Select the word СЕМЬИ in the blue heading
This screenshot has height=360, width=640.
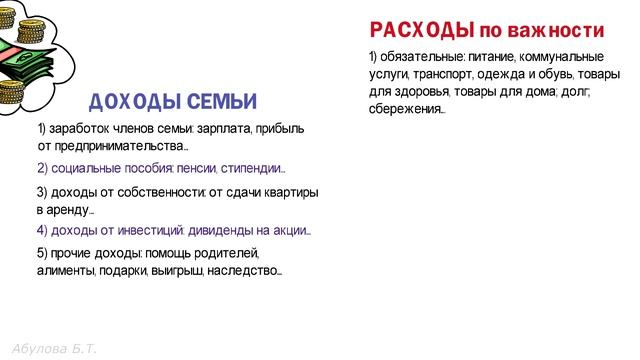(220, 101)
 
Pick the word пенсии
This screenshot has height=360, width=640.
(195, 168)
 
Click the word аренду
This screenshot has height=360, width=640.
(65, 210)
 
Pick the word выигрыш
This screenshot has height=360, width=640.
(177, 270)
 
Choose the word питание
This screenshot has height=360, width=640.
(489, 56)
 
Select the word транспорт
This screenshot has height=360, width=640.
(441, 73)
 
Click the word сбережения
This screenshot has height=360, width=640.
(406, 108)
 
